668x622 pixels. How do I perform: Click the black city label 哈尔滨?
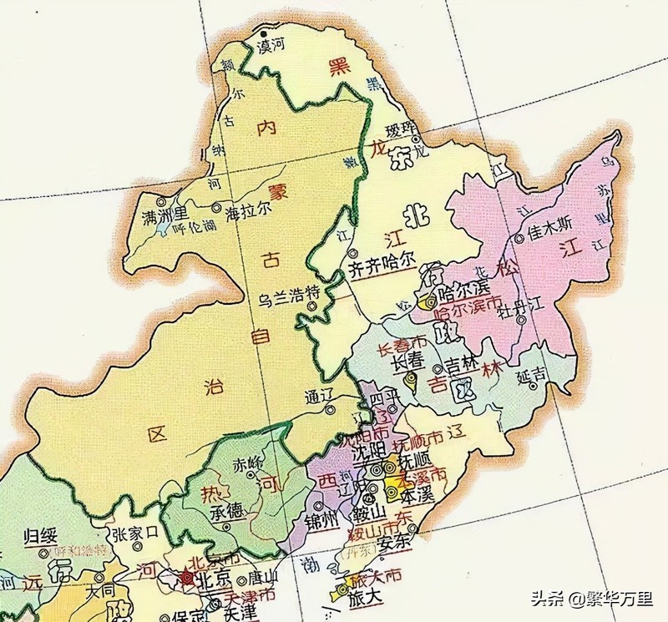tap(463, 288)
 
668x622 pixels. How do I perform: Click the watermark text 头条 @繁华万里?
tap(594, 599)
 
